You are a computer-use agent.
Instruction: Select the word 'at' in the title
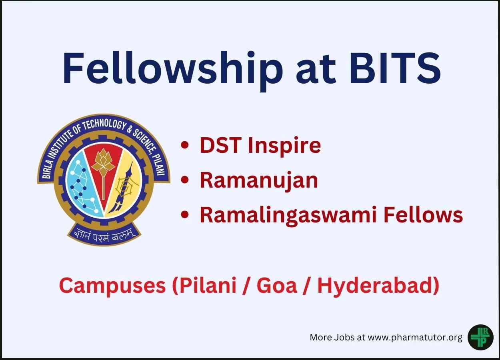click(316, 70)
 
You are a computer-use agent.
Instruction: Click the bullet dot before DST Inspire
click(185, 146)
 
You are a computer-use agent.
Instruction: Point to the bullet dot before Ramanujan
click(185, 180)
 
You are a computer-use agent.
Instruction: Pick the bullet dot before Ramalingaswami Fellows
click(185, 215)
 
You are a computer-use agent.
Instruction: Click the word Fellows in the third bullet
click(423, 215)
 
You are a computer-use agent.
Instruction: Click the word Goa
click(277, 286)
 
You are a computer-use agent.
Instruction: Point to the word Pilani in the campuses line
click(208, 286)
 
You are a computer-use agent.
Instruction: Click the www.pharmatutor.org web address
click(415, 337)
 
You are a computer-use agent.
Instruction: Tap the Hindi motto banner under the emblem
click(104, 236)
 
